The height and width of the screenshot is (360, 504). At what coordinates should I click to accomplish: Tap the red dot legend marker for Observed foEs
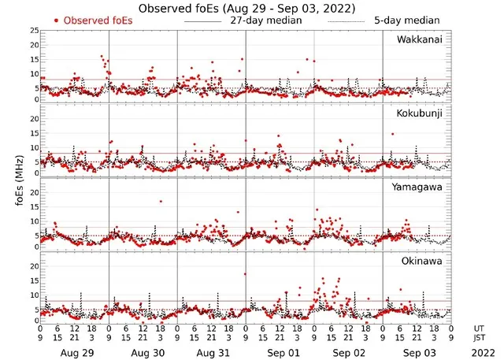click(x=57, y=20)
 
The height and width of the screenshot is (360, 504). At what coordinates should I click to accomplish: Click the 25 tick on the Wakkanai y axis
click(x=33, y=30)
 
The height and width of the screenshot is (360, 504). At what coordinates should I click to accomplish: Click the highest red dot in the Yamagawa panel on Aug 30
click(x=161, y=201)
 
